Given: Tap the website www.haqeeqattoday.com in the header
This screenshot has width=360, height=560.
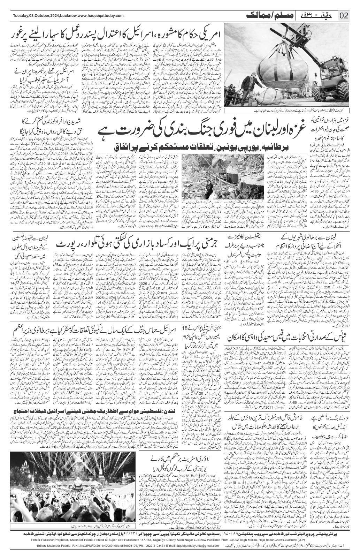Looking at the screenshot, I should click(x=100, y=16).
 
